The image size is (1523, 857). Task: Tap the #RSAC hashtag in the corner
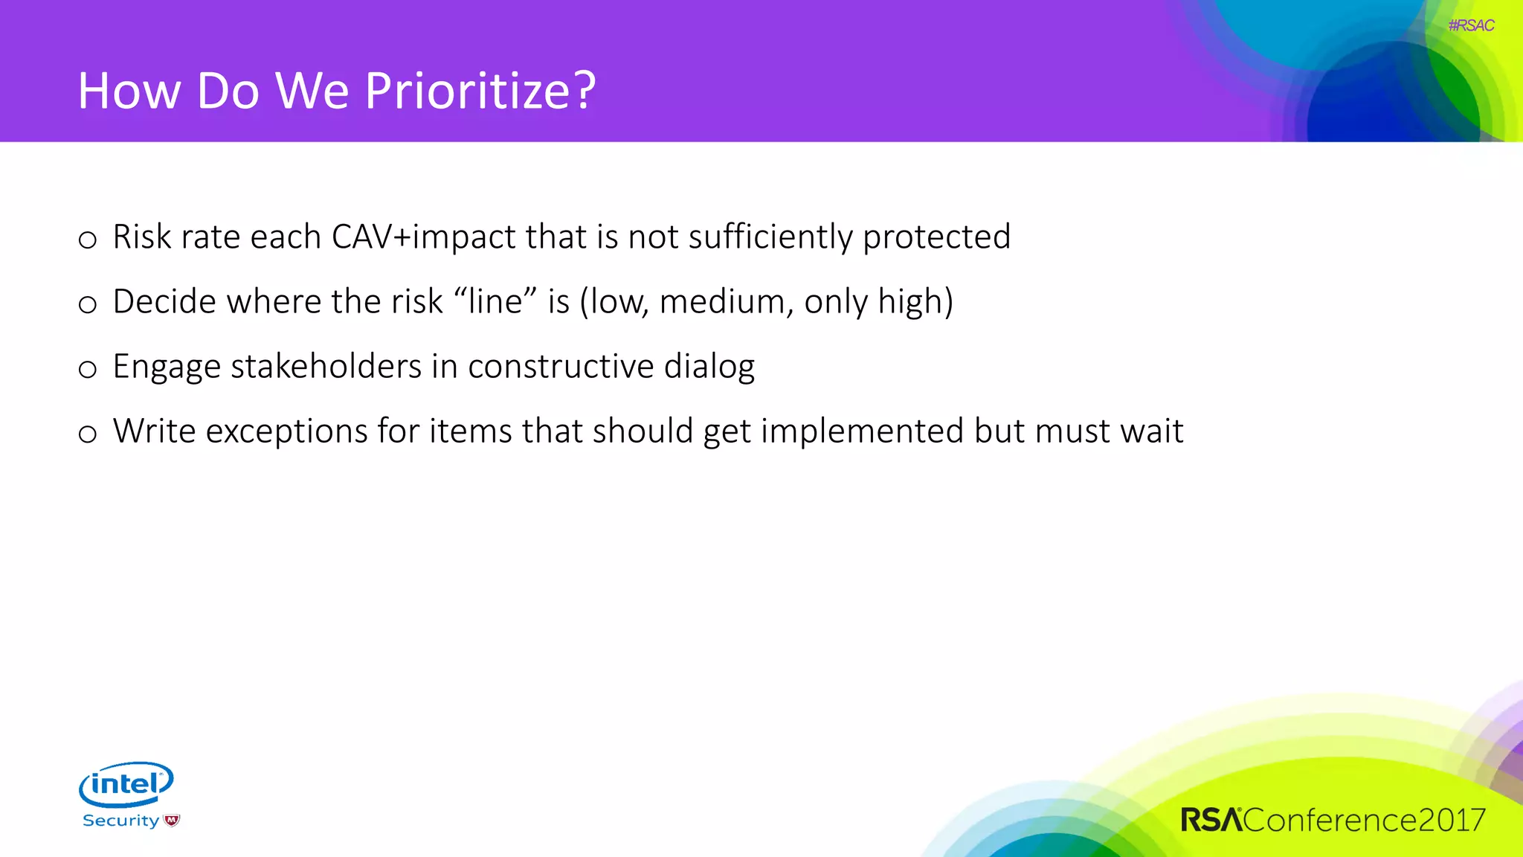[x=1471, y=25]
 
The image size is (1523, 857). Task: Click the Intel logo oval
[x=126, y=783]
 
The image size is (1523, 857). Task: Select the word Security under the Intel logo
[x=120, y=821]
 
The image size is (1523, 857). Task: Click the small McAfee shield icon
[x=172, y=821]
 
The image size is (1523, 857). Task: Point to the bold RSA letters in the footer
[x=1211, y=820]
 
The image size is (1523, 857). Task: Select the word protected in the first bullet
[x=936, y=237]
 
